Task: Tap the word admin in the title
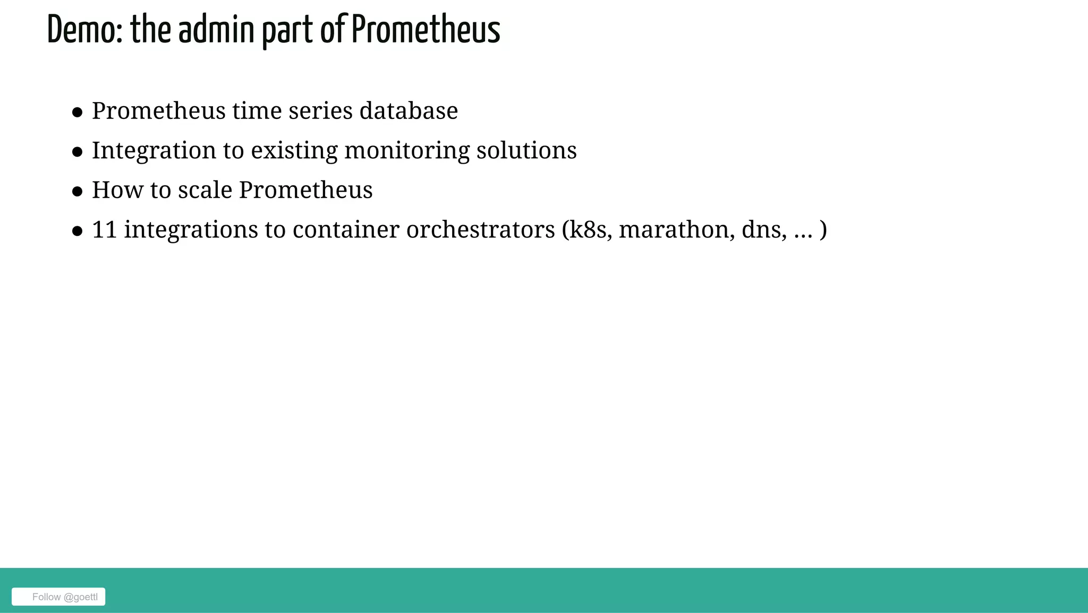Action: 216,30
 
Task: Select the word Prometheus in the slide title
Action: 426,30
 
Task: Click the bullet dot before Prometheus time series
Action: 78,113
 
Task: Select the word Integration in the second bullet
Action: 154,151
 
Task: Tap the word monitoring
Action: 406,151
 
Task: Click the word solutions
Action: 526,151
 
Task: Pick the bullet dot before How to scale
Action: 78,192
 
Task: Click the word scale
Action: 205,190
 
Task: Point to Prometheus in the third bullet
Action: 305,190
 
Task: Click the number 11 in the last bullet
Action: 104,230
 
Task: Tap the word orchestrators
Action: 480,230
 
